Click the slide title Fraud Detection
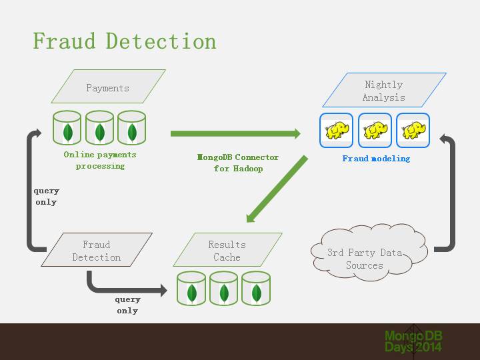tap(125, 41)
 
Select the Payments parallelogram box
tap(108, 87)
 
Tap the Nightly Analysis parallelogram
tap(383, 91)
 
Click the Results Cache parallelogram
tap(227, 251)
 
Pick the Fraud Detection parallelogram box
tap(97, 251)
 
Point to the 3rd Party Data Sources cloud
tap(365, 258)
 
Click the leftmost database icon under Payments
tap(67, 128)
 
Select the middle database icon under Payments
tap(99, 128)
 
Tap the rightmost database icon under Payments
tap(131, 128)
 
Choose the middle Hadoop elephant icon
tap(375, 130)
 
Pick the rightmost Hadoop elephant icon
tap(413, 130)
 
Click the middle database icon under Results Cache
tap(224, 288)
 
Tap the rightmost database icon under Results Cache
tap(256, 288)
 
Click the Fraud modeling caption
tap(376, 159)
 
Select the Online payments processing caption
tap(100, 160)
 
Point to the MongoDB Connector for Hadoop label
tap(238, 163)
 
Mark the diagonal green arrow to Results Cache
tap(277, 189)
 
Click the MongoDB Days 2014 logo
tap(413, 341)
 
